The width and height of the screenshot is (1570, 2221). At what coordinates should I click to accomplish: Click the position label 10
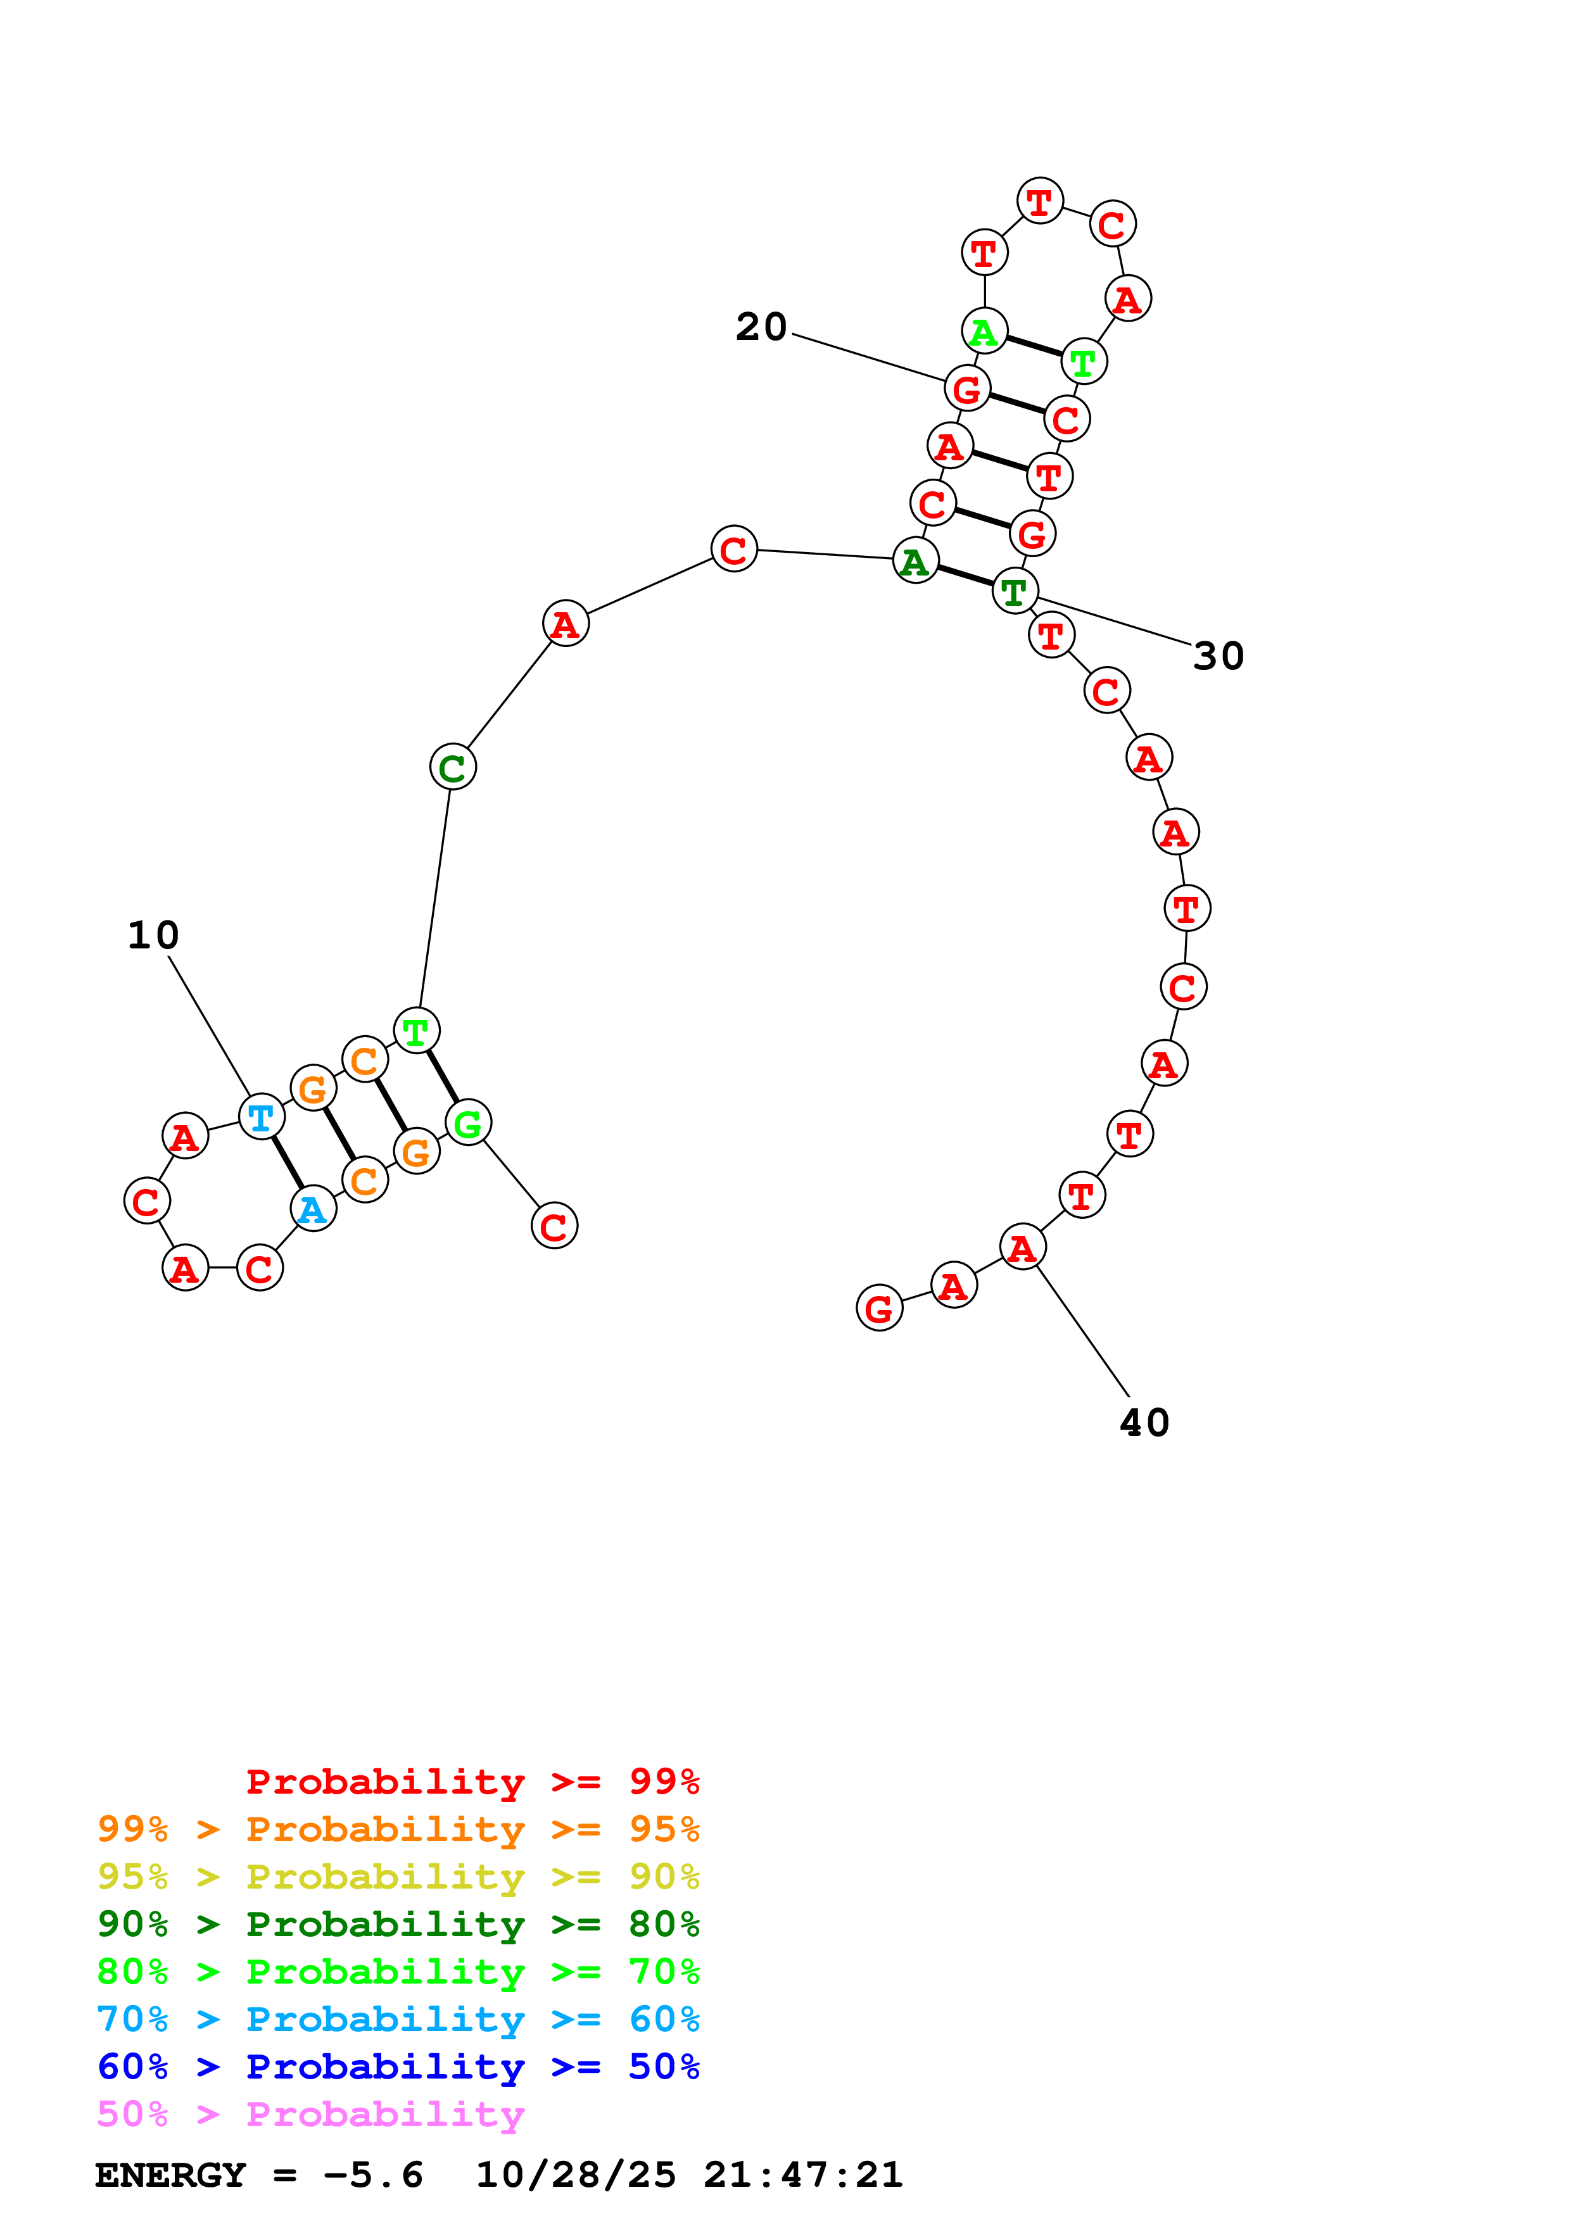[153, 935]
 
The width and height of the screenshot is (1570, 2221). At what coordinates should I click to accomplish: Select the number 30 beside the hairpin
[1218, 656]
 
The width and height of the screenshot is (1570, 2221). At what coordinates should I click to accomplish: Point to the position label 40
[1144, 1423]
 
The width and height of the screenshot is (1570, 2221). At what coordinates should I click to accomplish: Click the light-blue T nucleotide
[261, 1117]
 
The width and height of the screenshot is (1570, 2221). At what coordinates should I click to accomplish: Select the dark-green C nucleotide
[453, 767]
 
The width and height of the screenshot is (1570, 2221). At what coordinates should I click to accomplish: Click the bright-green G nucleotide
[468, 1123]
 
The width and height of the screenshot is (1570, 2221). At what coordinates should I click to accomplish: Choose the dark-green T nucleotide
[1015, 591]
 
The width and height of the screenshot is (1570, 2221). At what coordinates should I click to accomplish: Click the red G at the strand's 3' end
[879, 1309]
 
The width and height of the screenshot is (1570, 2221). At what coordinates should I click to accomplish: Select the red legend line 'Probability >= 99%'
[472, 1782]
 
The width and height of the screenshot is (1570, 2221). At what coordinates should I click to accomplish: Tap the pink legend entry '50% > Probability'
[310, 2115]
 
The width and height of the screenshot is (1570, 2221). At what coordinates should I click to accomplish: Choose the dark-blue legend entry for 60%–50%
[398, 2067]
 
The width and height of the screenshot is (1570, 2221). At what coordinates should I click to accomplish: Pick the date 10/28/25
[576, 2175]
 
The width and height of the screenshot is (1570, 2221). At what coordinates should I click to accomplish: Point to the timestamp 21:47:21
[803, 2175]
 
